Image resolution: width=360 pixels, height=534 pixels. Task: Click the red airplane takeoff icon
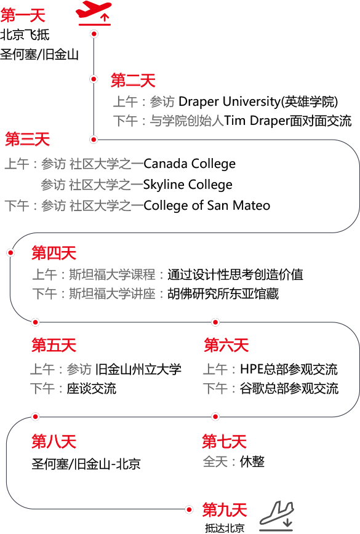(x=94, y=13)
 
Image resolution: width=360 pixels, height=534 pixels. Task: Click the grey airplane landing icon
(x=276, y=516)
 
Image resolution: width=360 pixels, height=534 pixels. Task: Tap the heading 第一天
(x=23, y=15)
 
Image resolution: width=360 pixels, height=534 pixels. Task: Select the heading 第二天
(x=133, y=81)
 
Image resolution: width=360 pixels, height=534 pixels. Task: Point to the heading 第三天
(x=28, y=139)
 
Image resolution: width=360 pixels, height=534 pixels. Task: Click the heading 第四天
(x=54, y=253)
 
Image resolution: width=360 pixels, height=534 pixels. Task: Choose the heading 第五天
(x=54, y=345)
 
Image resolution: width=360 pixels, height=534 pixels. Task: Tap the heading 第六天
(x=226, y=345)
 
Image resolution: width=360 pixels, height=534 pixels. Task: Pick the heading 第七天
(x=224, y=441)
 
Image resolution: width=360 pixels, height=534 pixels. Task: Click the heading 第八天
(x=54, y=441)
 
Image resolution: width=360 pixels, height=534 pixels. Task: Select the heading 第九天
(x=225, y=510)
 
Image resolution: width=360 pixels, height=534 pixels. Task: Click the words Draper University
(x=229, y=102)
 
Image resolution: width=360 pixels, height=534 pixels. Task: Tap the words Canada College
(x=190, y=164)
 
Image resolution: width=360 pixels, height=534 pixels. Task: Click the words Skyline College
(x=188, y=185)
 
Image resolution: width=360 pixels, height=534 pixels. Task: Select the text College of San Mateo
(x=207, y=205)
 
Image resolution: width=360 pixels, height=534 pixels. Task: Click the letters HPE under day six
(x=252, y=369)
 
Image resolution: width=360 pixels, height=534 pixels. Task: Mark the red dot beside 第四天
(x=10, y=253)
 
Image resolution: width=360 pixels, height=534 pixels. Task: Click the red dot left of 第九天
(x=189, y=509)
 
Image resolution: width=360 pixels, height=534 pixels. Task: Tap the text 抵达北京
(x=225, y=528)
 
